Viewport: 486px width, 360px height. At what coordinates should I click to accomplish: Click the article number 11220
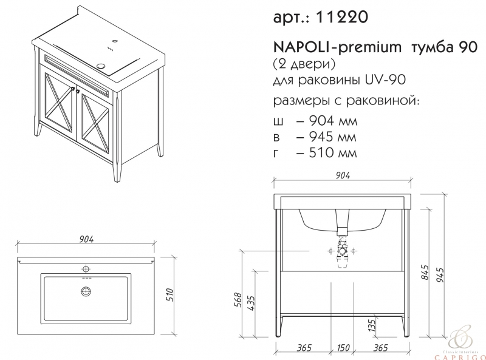341,17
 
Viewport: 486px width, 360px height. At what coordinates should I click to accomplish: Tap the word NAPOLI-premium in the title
337,47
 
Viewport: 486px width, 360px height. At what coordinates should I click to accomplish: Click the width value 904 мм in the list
333,121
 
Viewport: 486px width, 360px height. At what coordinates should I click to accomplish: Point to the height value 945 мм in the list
333,137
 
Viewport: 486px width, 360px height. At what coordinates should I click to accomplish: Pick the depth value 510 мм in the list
333,152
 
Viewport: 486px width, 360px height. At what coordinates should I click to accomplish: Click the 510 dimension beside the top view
170,294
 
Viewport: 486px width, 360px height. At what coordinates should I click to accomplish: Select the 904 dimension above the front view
343,175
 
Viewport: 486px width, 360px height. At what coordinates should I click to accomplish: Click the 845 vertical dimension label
426,273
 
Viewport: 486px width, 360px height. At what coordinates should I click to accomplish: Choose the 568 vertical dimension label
237,299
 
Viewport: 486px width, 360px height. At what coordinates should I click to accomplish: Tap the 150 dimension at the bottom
343,348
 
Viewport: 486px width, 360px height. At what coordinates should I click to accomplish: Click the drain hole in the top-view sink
86,291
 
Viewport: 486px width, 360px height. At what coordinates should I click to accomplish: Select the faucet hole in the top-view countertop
86,268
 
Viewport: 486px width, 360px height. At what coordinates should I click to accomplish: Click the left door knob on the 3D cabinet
72,89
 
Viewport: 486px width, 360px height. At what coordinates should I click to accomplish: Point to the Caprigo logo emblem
461,338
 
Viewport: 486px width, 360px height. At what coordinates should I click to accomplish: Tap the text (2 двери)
304,64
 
